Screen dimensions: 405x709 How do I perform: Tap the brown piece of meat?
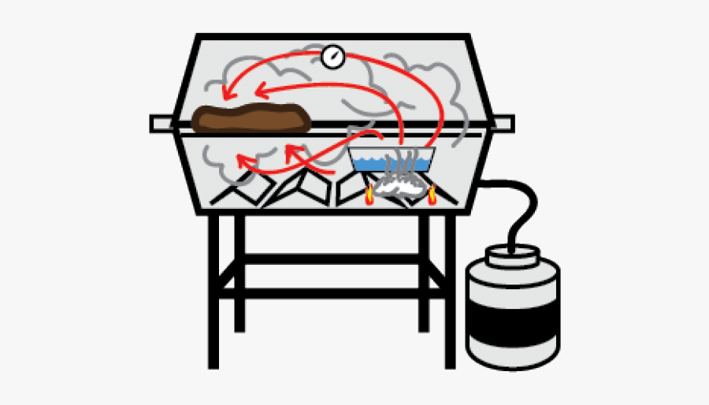249,118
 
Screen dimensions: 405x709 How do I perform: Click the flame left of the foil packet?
369,195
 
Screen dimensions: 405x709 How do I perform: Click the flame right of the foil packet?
431,194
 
